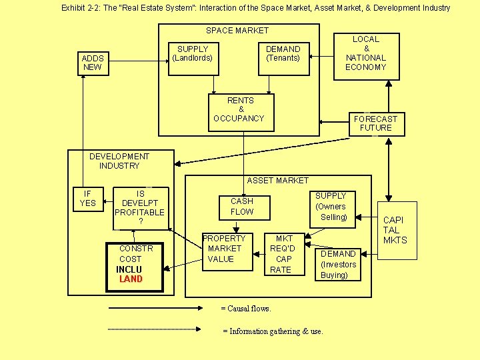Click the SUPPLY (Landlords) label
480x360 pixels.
193,53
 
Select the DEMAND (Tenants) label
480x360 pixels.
283,53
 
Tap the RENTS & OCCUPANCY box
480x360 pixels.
241,109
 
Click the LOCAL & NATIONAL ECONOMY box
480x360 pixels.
365,53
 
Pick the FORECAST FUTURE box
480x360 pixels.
376,123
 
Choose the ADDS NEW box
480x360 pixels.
92,63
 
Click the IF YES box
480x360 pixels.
87,198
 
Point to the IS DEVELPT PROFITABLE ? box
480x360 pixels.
140,207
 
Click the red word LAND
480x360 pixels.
131,279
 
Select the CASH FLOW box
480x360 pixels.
241,206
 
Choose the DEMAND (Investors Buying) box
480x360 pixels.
338,264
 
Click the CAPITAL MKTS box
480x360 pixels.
395,230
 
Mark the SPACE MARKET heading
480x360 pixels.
237,31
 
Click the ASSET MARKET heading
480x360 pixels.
278,180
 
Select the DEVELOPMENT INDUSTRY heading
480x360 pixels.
119,161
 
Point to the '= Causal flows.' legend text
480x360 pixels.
246,309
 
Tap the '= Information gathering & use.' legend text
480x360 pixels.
272,331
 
